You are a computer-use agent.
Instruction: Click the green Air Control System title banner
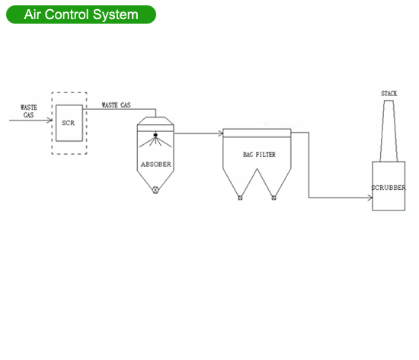81,14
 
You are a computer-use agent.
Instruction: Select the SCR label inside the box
68,123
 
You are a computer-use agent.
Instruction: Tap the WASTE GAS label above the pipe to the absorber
117,104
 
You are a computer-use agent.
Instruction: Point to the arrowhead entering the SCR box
50,120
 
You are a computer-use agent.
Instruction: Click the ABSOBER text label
156,164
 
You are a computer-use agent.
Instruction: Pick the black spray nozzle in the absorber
155,135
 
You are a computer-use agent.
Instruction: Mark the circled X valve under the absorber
155,190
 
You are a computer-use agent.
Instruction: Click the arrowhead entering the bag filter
220,133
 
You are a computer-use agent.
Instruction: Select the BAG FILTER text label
259,155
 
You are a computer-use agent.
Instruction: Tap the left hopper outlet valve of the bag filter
240,198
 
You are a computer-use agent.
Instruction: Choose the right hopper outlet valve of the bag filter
273,198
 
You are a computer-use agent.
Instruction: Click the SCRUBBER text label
389,188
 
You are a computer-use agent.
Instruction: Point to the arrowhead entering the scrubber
369,198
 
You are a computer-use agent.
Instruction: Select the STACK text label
389,93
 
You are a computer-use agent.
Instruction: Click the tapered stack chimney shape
389,131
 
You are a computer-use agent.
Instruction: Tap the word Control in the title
66,14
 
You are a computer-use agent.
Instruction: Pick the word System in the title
116,15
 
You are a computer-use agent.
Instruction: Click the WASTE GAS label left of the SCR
29,111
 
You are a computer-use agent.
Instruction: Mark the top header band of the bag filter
257,133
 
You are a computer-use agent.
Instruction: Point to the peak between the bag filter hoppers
257,169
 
